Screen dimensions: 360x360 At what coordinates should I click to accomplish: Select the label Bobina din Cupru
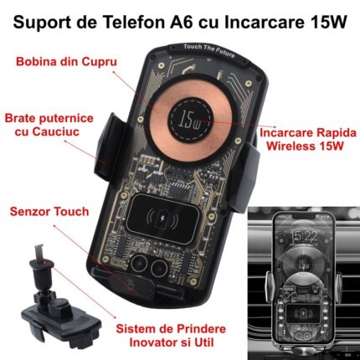click(66, 62)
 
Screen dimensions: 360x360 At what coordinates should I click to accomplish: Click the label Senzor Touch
click(49, 212)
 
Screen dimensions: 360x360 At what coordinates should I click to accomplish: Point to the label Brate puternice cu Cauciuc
click(49, 125)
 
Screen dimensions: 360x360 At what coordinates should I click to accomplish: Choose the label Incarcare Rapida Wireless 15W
click(308, 139)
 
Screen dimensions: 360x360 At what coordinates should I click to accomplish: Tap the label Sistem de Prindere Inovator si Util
click(171, 336)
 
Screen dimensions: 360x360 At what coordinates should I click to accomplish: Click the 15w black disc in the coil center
click(191, 118)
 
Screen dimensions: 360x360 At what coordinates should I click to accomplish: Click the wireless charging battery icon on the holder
click(162, 219)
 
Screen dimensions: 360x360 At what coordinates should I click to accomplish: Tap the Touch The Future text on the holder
click(209, 50)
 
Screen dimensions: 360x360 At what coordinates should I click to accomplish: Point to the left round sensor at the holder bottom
click(140, 263)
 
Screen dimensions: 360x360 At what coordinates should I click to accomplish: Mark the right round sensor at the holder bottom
click(159, 268)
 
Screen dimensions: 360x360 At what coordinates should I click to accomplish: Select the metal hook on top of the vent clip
click(39, 252)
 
